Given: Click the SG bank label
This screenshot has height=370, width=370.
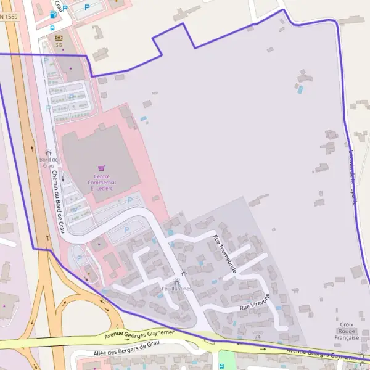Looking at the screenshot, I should [x=59, y=45].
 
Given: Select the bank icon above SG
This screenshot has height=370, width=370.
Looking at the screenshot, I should [x=59, y=37].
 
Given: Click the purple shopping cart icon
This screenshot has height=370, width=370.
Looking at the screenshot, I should [x=102, y=168].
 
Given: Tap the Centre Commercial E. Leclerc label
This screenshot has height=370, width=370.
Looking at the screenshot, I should [x=102, y=182].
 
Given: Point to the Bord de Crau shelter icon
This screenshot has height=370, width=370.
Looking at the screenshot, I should [x=48, y=152].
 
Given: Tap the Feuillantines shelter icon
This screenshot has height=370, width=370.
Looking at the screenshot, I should [x=183, y=274].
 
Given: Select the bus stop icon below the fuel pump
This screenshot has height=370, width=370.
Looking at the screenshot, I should [x=52, y=28].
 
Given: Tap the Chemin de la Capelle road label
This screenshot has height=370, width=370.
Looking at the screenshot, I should [x=353, y=176].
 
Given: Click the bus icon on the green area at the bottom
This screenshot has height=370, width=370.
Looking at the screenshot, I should [x=221, y=366].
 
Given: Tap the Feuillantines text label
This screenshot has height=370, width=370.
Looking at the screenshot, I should [x=176, y=289].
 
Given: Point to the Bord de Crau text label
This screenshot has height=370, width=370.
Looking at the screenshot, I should [x=47, y=163].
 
